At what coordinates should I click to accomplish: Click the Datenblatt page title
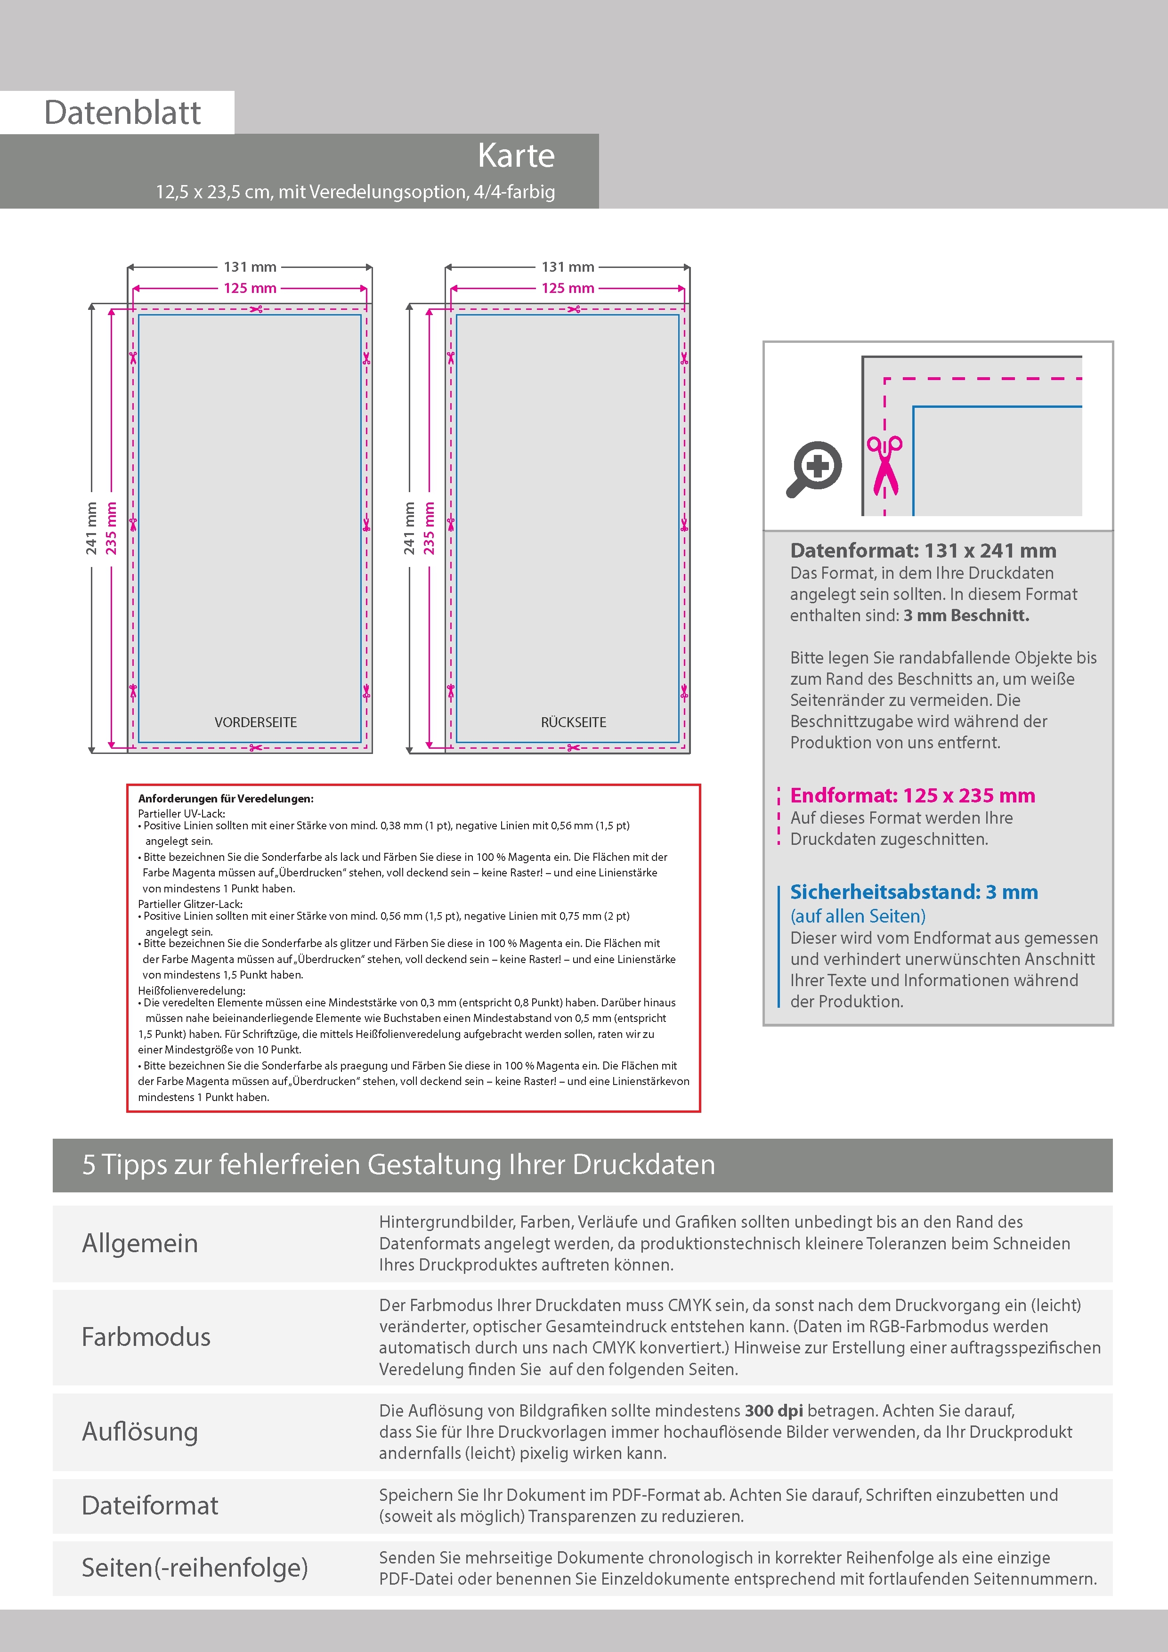[x=122, y=113]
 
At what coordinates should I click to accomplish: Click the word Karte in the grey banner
[x=516, y=155]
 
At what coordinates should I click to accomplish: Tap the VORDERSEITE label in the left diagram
[x=255, y=722]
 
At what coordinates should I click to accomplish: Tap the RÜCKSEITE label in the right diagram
[x=574, y=722]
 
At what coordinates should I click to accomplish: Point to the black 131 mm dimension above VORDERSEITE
[x=250, y=267]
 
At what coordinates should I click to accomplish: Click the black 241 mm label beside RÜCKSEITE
[x=409, y=528]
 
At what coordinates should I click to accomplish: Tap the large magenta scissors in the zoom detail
[x=884, y=466]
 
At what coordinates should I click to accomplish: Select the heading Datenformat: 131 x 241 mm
[x=923, y=551]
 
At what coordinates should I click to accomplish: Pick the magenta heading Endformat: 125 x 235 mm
[x=912, y=796]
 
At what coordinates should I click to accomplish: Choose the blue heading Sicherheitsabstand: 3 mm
[x=913, y=892]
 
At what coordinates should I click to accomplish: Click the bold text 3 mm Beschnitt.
[x=966, y=616]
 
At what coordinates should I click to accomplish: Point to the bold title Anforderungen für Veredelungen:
[x=225, y=799]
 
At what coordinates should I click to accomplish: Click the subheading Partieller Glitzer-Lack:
[x=190, y=904]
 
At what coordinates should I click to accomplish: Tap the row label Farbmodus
[x=146, y=1337]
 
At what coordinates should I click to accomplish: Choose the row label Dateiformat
[x=150, y=1506]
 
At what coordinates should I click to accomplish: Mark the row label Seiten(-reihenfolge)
[x=195, y=1568]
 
